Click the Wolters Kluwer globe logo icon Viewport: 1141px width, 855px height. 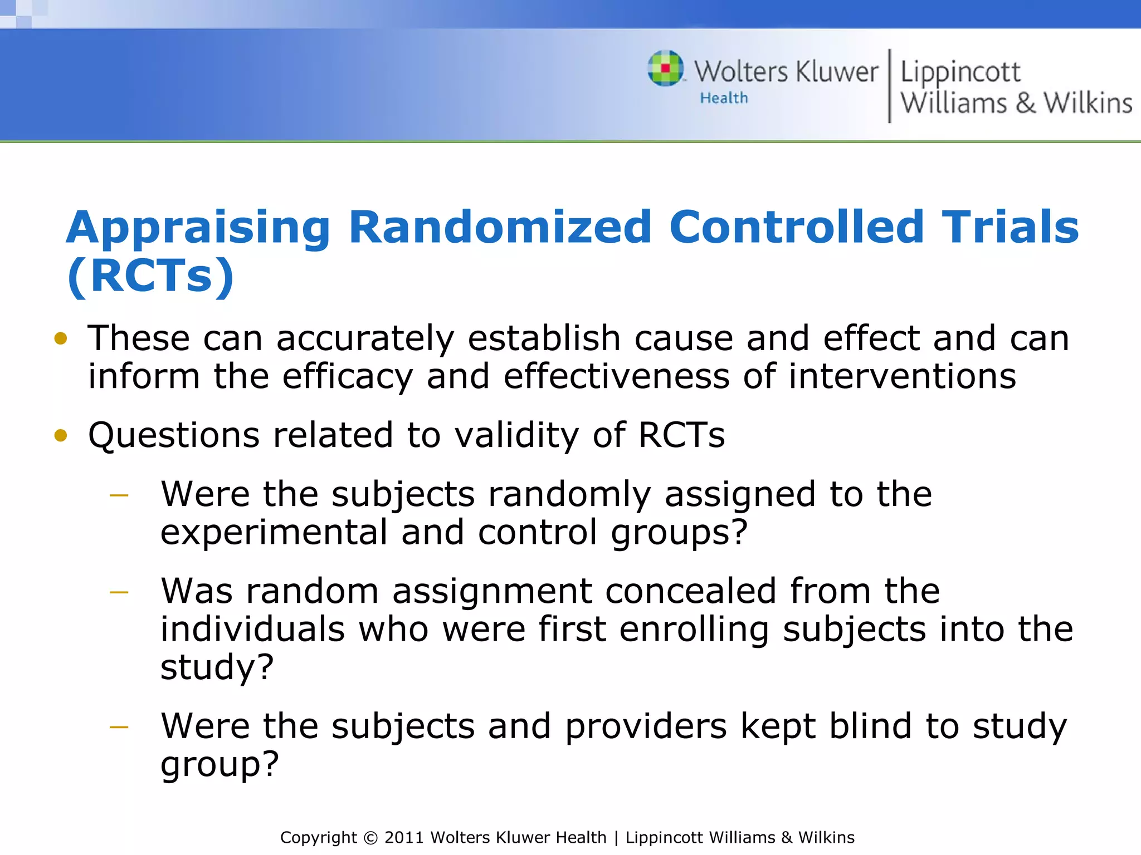pyautogui.click(x=665, y=68)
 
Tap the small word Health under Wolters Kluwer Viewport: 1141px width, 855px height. pyautogui.click(x=724, y=99)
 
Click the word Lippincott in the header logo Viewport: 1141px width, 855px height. pyautogui.click(x=960, y=72)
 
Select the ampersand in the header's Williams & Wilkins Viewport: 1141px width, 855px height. pyautogui.click(x=1025, y=104)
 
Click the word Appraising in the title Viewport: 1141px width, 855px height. pyautogui.click(x=198, y=228)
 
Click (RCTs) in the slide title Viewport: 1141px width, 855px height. pyautogui.click(x=150, y=276)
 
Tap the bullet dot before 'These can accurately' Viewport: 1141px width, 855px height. pyautogui.click(x=61, y=338)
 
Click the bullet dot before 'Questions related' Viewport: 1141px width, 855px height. pyautogui.click(x=61, y=435)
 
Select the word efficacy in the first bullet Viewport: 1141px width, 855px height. pyautogui.click(x=347, y=377)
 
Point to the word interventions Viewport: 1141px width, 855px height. pyautogui.click(x=902, y=377)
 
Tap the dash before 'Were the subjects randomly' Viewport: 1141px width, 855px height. pyautogui.click(x=119, y=494)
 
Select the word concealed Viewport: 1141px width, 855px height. pyautogui.click(x=691, y=591)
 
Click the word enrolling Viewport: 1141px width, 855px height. pyautogui.click(x=694, y=630)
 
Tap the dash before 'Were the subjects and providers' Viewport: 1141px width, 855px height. pyautogui.click(x=119, y=727)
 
